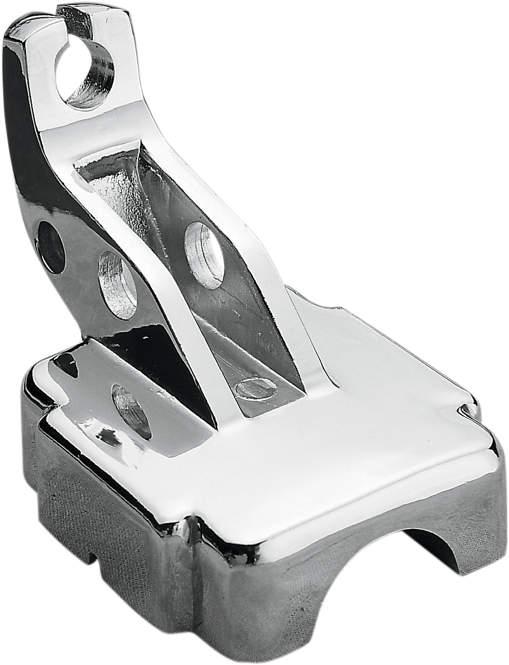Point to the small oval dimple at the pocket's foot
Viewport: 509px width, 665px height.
coord(254,387)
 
